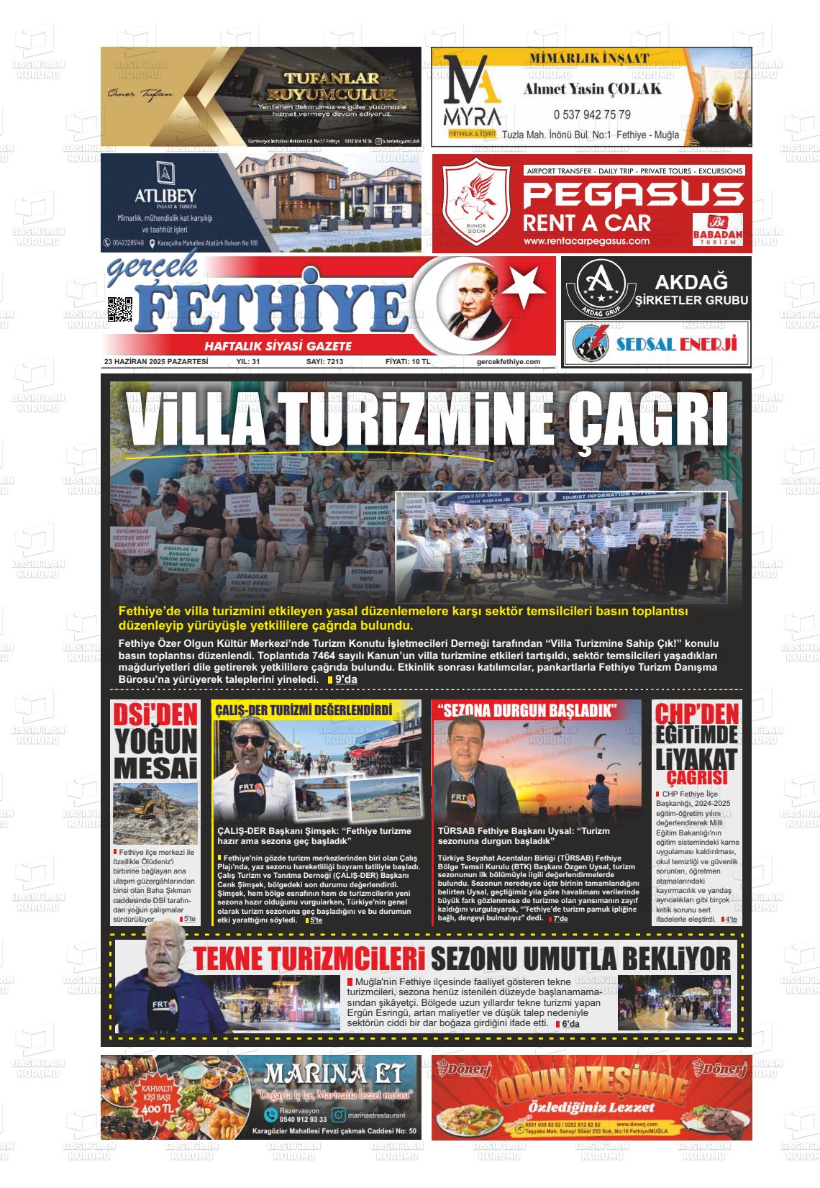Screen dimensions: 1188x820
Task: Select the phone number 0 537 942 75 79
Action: (x=592, y=114)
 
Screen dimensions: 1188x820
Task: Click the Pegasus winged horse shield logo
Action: (x=475, y=204)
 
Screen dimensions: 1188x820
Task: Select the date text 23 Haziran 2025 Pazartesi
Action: (x=156, y=362)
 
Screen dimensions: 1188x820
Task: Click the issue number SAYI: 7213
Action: (x=324, y=362)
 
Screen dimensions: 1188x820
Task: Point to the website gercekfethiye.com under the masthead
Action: (x=508, y=362)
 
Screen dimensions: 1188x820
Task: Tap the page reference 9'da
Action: (x=346, y=679)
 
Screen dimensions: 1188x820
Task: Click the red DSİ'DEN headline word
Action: (x=155, y=714)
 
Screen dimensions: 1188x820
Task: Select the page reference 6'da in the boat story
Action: (x=570, y=1024)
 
